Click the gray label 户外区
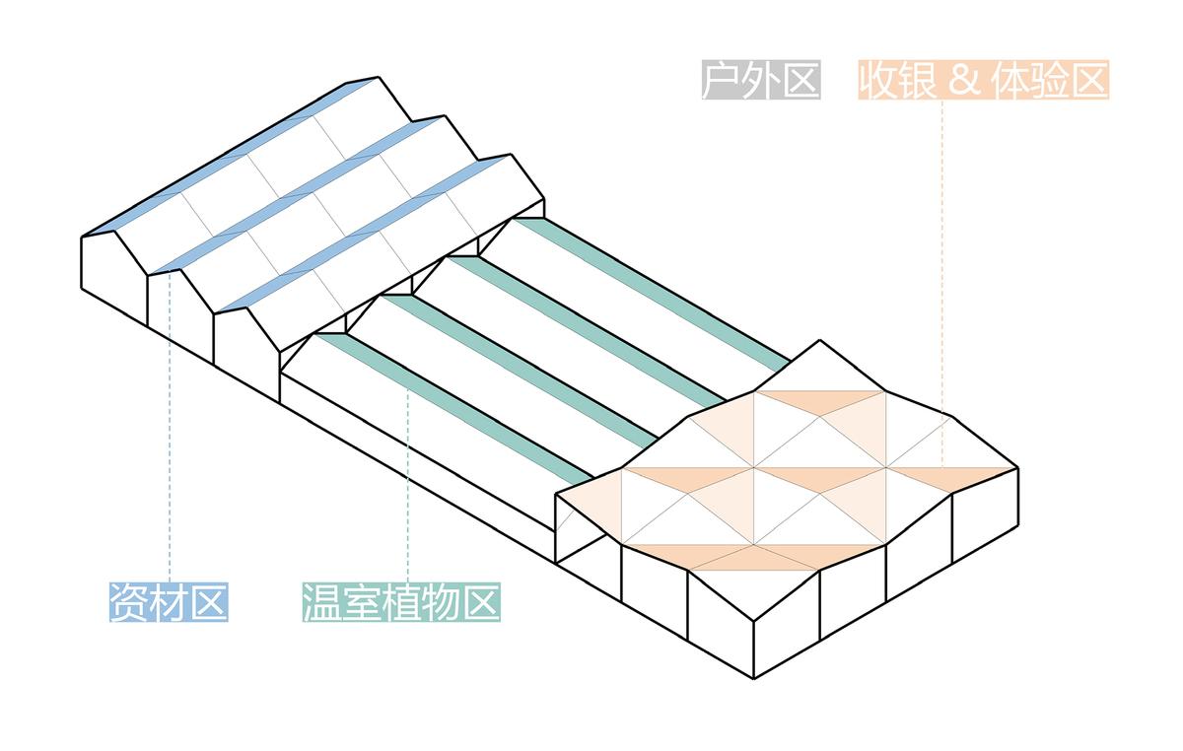coord(761,80)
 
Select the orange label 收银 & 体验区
coord(984,80)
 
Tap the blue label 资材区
coord(169,602)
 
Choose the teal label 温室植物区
coord(401,602)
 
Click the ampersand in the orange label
coord(964,80)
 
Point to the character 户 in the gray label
coord(722,80)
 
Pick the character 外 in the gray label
coord(761,80)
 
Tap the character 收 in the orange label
coord(878,80)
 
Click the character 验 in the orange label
coord(1049,80)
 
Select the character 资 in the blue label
coord(130,602)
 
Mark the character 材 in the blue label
coord(169,602)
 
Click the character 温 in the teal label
coord(322,602)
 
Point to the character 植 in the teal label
coord(401,602)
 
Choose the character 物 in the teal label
coord(441,602)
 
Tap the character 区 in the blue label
coord(209,602)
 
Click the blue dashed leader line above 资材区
coord(170,428)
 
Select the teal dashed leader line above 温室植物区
coord(408,486)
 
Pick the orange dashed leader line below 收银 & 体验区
coord(942,284)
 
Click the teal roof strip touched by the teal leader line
coord(454,409)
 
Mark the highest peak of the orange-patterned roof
coord(819,341)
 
